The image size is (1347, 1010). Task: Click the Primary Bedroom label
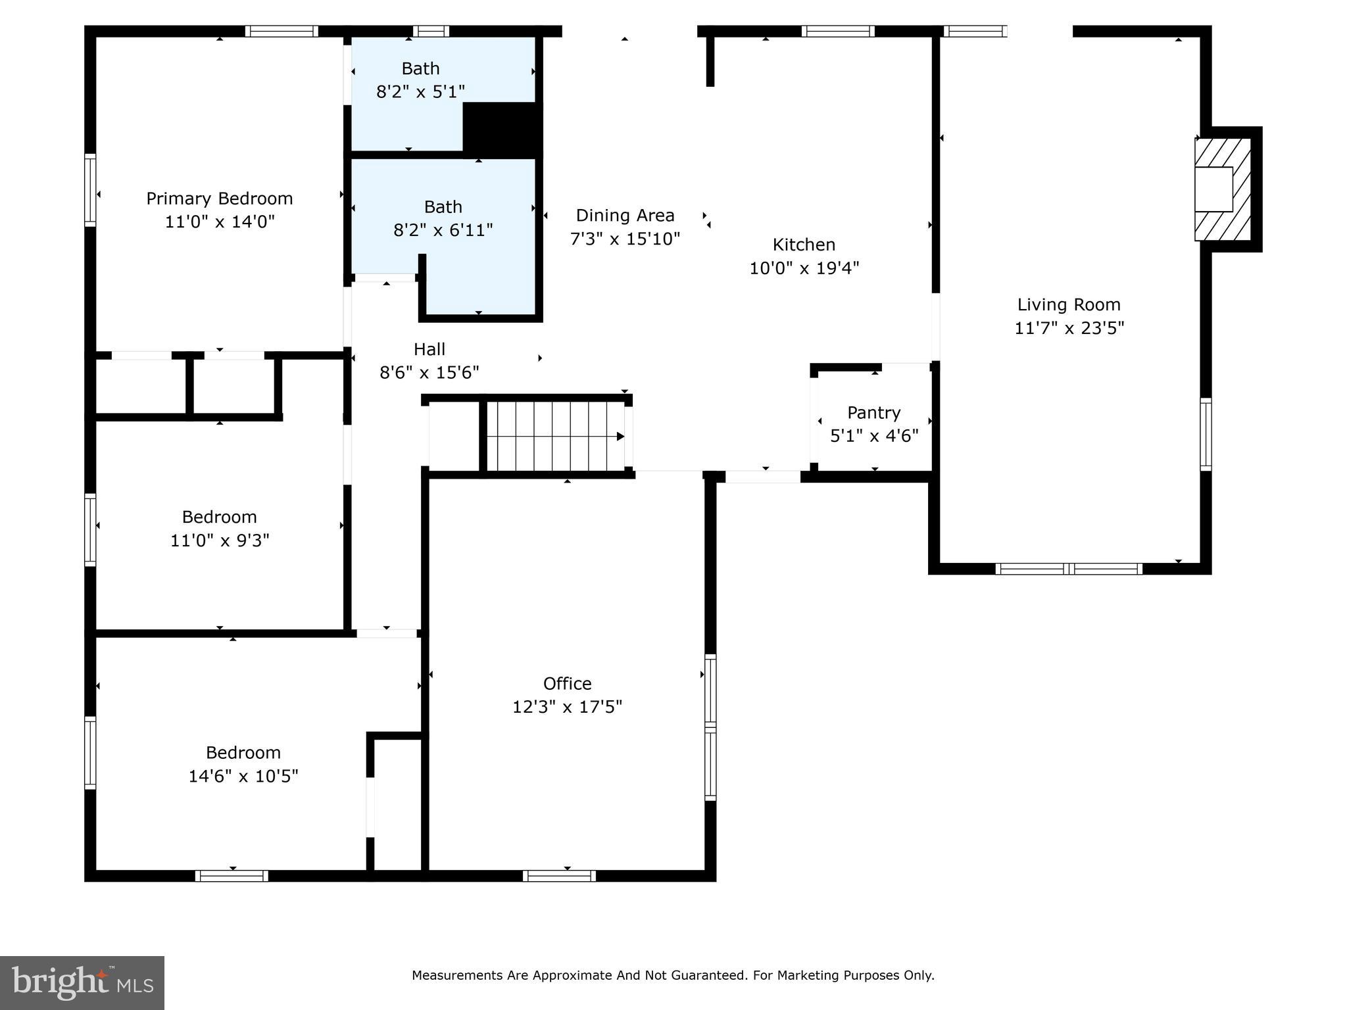pos(219,199)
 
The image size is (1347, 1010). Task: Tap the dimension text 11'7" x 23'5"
pos(1069,328)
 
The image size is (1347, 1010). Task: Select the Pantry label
pos(873,413)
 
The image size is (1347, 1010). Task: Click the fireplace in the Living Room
pos(1222,189)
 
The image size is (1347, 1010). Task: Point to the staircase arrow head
pos(620,437)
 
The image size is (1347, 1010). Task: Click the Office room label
pos(567,684)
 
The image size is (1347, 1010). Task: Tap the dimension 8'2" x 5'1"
pos(420,92)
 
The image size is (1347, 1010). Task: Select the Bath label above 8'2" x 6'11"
pos(443,207)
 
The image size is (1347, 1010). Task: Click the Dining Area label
pos(625,216)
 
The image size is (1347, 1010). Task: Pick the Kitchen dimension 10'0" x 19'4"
pos(804,268)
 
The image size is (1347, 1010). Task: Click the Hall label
pos(429,349)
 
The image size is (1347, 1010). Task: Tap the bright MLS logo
pos(82,982)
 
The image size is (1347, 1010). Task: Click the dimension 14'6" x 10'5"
pos(243,777)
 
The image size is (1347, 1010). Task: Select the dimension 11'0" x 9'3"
pos(220,541)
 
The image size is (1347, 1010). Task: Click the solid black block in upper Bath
pos(502,129)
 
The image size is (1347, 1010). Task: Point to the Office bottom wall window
pos(559,876)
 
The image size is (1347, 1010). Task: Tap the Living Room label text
pos(1069,305)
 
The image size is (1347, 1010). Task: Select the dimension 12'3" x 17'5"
pos(567,707)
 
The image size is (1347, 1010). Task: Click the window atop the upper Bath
pos(431,31)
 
